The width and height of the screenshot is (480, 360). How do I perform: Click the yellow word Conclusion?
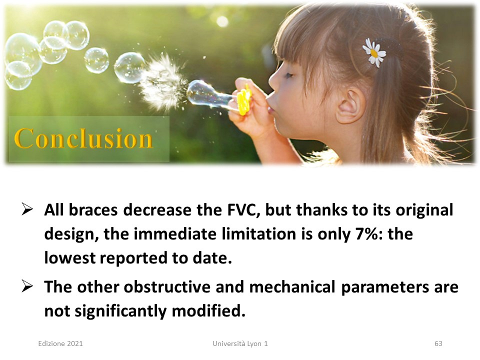tap(83, 138)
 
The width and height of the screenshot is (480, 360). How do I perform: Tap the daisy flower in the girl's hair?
tap(374, 53)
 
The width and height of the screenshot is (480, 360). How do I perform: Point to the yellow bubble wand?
tap(244, 100)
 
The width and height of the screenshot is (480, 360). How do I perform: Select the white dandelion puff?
tap(162, 83)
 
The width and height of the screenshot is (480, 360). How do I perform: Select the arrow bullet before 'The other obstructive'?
tap(27, 286)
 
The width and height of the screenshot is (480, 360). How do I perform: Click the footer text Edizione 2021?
tap(60, 343)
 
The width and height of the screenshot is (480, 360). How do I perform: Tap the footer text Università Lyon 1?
tap(240, 343)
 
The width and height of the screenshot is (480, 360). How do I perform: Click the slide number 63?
tap(438, 343)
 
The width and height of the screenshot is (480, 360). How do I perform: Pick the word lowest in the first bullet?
tap(70, 258)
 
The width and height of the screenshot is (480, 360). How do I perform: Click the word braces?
tap(93, 210)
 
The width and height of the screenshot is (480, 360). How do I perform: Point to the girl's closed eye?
tap(288, 75)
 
